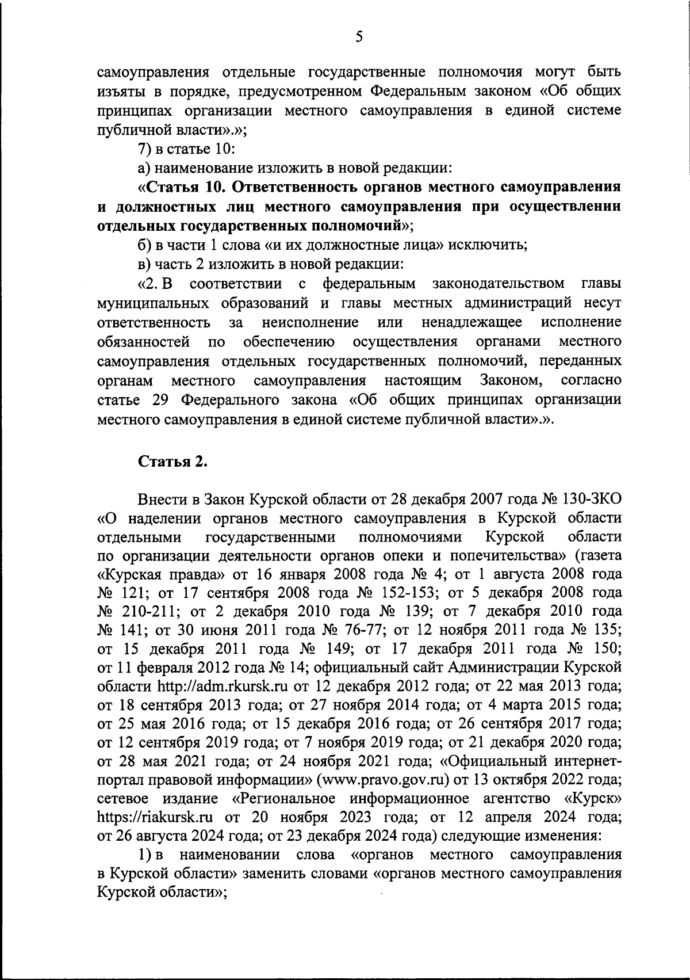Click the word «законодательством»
(498, 284)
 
